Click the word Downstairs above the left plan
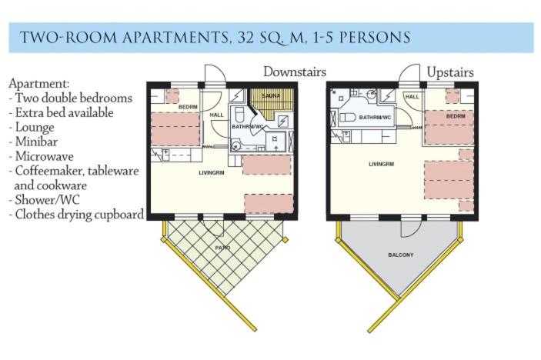[294, 72]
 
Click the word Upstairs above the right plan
[450, 73]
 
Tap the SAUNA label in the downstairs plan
[271, 96]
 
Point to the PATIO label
[222, 248]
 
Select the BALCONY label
[401, 255]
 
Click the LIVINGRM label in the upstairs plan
[381, 164]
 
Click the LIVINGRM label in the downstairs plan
[212, 172]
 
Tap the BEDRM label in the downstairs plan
[188, 107]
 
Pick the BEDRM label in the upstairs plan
[456, 116]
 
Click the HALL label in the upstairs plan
[412, 97]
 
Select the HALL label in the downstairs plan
[217, 115]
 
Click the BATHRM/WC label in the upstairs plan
[375, 118]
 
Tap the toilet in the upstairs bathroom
[347, 118]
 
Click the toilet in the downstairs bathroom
[239, 115]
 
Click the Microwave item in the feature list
[42, 157]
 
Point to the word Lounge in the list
[35, 128]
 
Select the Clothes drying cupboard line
[77, 215]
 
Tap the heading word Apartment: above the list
[39, 84]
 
